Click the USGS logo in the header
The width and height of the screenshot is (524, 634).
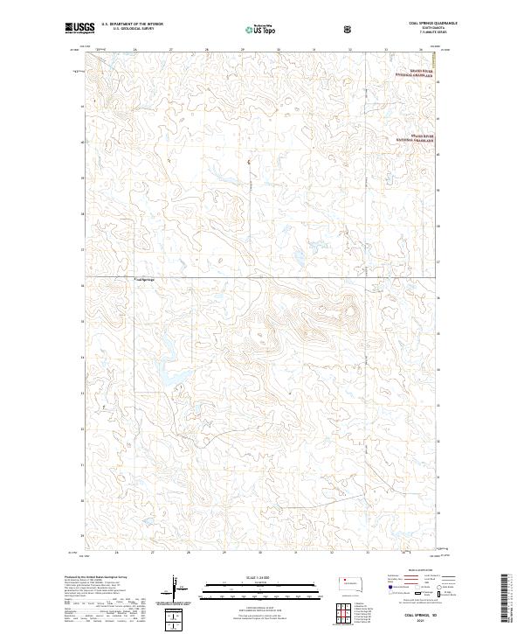79,29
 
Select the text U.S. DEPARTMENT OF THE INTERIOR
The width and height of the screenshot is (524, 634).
132,24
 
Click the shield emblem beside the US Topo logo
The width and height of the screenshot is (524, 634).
349,29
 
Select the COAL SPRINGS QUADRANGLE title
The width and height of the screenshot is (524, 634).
425,23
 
